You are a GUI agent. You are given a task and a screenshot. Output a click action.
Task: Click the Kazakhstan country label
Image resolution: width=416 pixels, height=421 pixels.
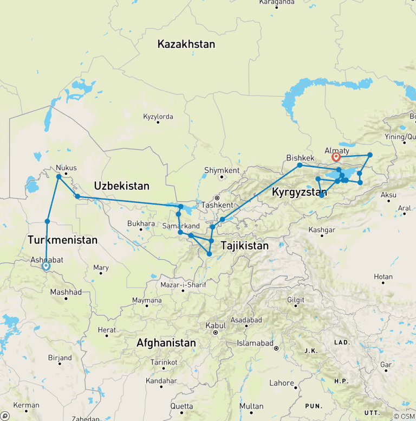[x=186, y=44]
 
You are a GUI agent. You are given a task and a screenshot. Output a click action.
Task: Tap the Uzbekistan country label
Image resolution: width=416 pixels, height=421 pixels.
[x=121, y=186]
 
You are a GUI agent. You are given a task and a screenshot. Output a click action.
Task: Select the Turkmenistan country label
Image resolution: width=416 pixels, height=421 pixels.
[x=62, y=240]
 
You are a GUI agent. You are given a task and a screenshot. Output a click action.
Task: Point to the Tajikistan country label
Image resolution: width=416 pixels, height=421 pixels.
[x=244, y=246]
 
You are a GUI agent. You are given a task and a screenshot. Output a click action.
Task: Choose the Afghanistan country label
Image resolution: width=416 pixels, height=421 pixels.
[x=166, y=343]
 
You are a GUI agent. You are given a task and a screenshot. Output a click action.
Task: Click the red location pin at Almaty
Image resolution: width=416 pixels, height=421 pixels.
[x=336, y=158]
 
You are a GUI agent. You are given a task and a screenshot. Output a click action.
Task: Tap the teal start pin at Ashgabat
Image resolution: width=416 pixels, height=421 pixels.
[x=46, y=266]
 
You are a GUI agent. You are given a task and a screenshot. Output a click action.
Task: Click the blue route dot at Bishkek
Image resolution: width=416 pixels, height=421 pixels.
[x=300, y=165]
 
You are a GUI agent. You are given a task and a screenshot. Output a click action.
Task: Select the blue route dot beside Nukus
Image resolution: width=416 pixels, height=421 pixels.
[x=58, y=176]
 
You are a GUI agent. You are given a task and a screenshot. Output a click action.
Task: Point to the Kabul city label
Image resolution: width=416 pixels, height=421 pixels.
[x=215, y=326]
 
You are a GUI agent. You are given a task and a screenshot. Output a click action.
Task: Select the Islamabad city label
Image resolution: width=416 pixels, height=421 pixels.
[x=255, y=343]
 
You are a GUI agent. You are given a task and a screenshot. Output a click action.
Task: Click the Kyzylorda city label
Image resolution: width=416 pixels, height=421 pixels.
[x=158, y=116]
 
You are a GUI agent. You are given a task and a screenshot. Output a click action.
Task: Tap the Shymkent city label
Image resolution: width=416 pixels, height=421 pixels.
[x=221, y=170]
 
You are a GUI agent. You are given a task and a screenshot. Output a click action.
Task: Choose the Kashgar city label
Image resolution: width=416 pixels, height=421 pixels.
[x=322, y=229]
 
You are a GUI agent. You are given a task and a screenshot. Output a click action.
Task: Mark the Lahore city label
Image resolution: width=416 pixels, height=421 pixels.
[x=281, y=383]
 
